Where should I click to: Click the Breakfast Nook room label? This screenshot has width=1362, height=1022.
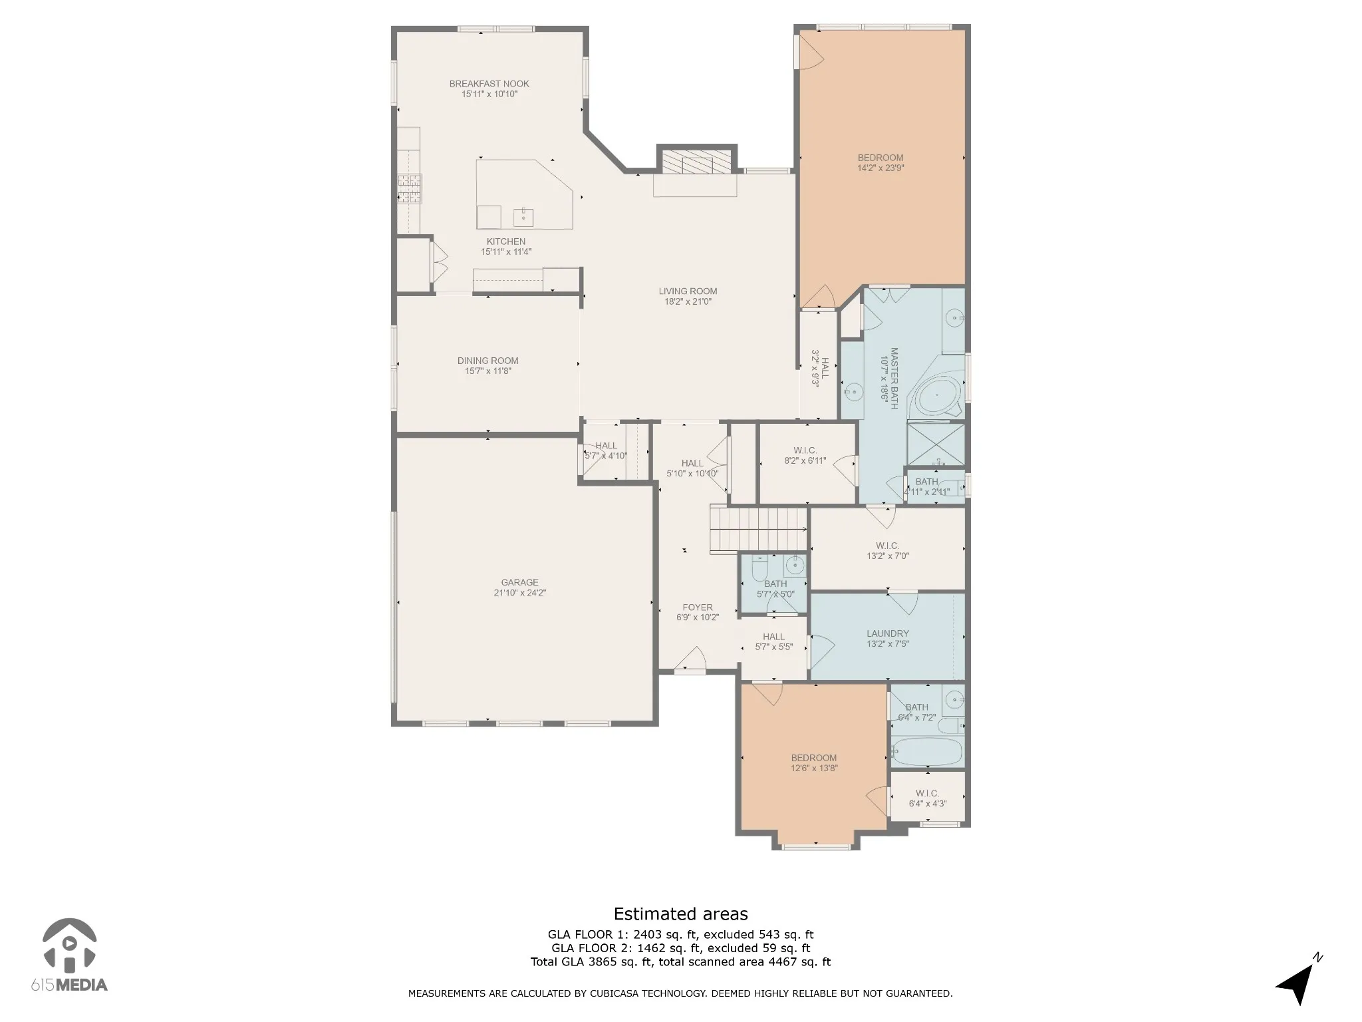pos(489,84)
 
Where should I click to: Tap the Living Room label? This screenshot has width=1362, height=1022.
pos(688,291)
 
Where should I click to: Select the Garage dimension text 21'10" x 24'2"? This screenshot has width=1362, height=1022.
pos(519,593)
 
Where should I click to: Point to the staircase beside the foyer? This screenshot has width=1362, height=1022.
pos(758,529)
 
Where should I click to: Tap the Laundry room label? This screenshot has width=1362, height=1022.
pos(887,633)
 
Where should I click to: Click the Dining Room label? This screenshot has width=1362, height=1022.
pos(487,361)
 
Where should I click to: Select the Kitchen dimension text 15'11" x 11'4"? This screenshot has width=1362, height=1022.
pos(506,252)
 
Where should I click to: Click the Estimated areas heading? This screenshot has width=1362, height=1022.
pos(680,914)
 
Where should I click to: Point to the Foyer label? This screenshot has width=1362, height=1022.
pos(697,607)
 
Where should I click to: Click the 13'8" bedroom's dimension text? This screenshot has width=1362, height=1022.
pos(813,768)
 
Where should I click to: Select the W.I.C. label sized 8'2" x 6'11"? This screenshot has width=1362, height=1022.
pos(805,450)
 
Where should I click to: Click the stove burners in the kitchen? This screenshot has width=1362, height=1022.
pos(409,188)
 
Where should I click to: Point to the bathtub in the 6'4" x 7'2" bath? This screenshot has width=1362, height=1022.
pos(926,752)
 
